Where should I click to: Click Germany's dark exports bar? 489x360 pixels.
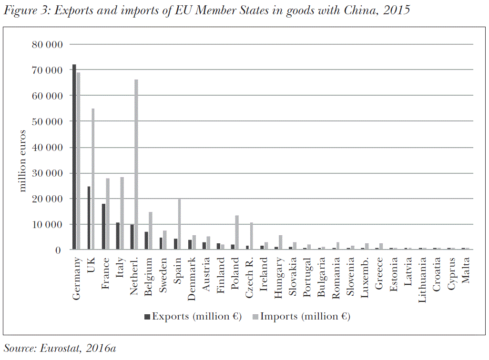click(74, 157)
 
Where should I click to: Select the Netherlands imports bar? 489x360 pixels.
click(136, 164)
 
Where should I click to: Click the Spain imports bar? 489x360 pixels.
click(179, 224)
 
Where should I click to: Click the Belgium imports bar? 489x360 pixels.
click(151, 231)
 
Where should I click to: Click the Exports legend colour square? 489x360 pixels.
click(147, 316)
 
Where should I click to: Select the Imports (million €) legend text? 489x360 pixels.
click(305, 316)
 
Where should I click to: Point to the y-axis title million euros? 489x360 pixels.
click(23, 160)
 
